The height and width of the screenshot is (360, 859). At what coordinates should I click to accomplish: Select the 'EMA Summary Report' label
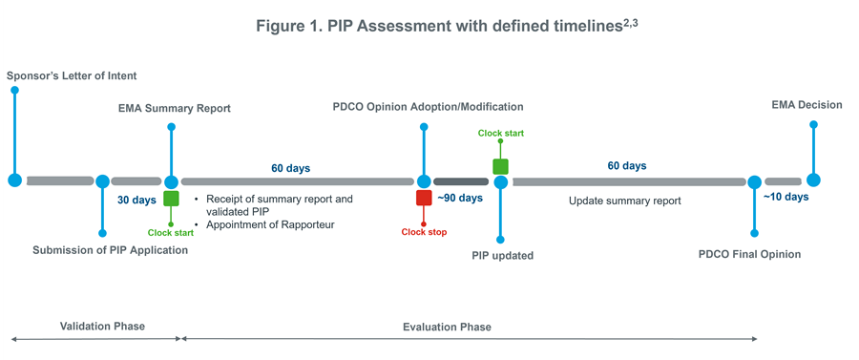(168, 108)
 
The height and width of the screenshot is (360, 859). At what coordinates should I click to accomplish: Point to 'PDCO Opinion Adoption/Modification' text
(428, 107)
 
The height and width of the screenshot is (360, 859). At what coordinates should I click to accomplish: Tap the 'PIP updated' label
(502, 256)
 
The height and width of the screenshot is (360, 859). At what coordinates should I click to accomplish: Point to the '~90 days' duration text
(460, 199)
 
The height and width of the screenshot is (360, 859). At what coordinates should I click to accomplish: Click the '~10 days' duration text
(786, 198)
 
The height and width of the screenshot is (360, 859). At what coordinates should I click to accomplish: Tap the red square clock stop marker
(424, 198)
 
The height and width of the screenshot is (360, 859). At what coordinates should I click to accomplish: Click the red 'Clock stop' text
(424, 231)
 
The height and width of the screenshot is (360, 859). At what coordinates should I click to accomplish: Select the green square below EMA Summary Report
(171, 199)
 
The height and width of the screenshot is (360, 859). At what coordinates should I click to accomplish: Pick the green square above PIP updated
(500, 166)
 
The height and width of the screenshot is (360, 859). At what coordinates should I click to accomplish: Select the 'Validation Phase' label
(102, 327)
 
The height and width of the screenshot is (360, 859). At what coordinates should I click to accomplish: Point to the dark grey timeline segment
(461, 180)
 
